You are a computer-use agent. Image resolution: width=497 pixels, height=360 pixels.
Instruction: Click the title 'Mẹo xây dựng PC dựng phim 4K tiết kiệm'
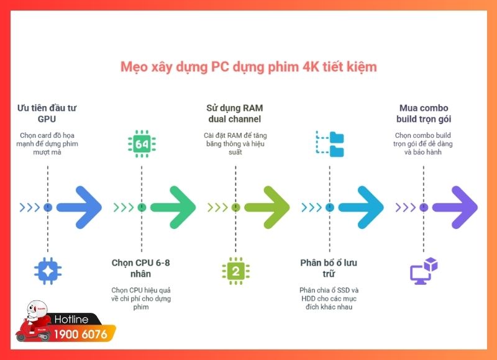[x=248, y=66]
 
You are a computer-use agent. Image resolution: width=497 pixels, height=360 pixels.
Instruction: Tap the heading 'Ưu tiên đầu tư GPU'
[x=47, y=114]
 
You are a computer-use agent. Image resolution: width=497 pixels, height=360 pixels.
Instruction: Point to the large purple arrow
[x=454, y=207]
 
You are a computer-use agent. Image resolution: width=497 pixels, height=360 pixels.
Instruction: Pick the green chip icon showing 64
[x=141, y=144]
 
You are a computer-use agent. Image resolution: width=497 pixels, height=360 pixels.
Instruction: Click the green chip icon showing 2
[x=235, y=270]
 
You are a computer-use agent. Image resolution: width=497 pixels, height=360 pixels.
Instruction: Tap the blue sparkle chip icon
[x=48, y=270]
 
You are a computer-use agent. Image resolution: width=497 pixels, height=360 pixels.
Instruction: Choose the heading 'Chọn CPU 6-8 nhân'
[x=141, y=268]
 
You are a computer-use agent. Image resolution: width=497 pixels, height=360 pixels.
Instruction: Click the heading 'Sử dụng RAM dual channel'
[x=235, y=114]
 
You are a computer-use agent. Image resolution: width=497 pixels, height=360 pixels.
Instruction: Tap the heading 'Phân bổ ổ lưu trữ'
[x=329, y=268]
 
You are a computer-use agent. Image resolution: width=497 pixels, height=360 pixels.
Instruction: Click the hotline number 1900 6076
[x=81, y=335]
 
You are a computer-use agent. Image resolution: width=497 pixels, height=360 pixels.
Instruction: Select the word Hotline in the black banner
[x=71, y=320]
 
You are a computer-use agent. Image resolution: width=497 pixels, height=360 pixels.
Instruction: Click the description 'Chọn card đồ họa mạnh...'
[x=47, y=144]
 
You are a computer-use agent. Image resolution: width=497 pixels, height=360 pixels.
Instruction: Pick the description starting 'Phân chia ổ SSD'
[x=329, y=299]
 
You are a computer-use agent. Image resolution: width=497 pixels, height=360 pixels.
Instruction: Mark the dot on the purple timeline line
[x=424, y=207]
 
